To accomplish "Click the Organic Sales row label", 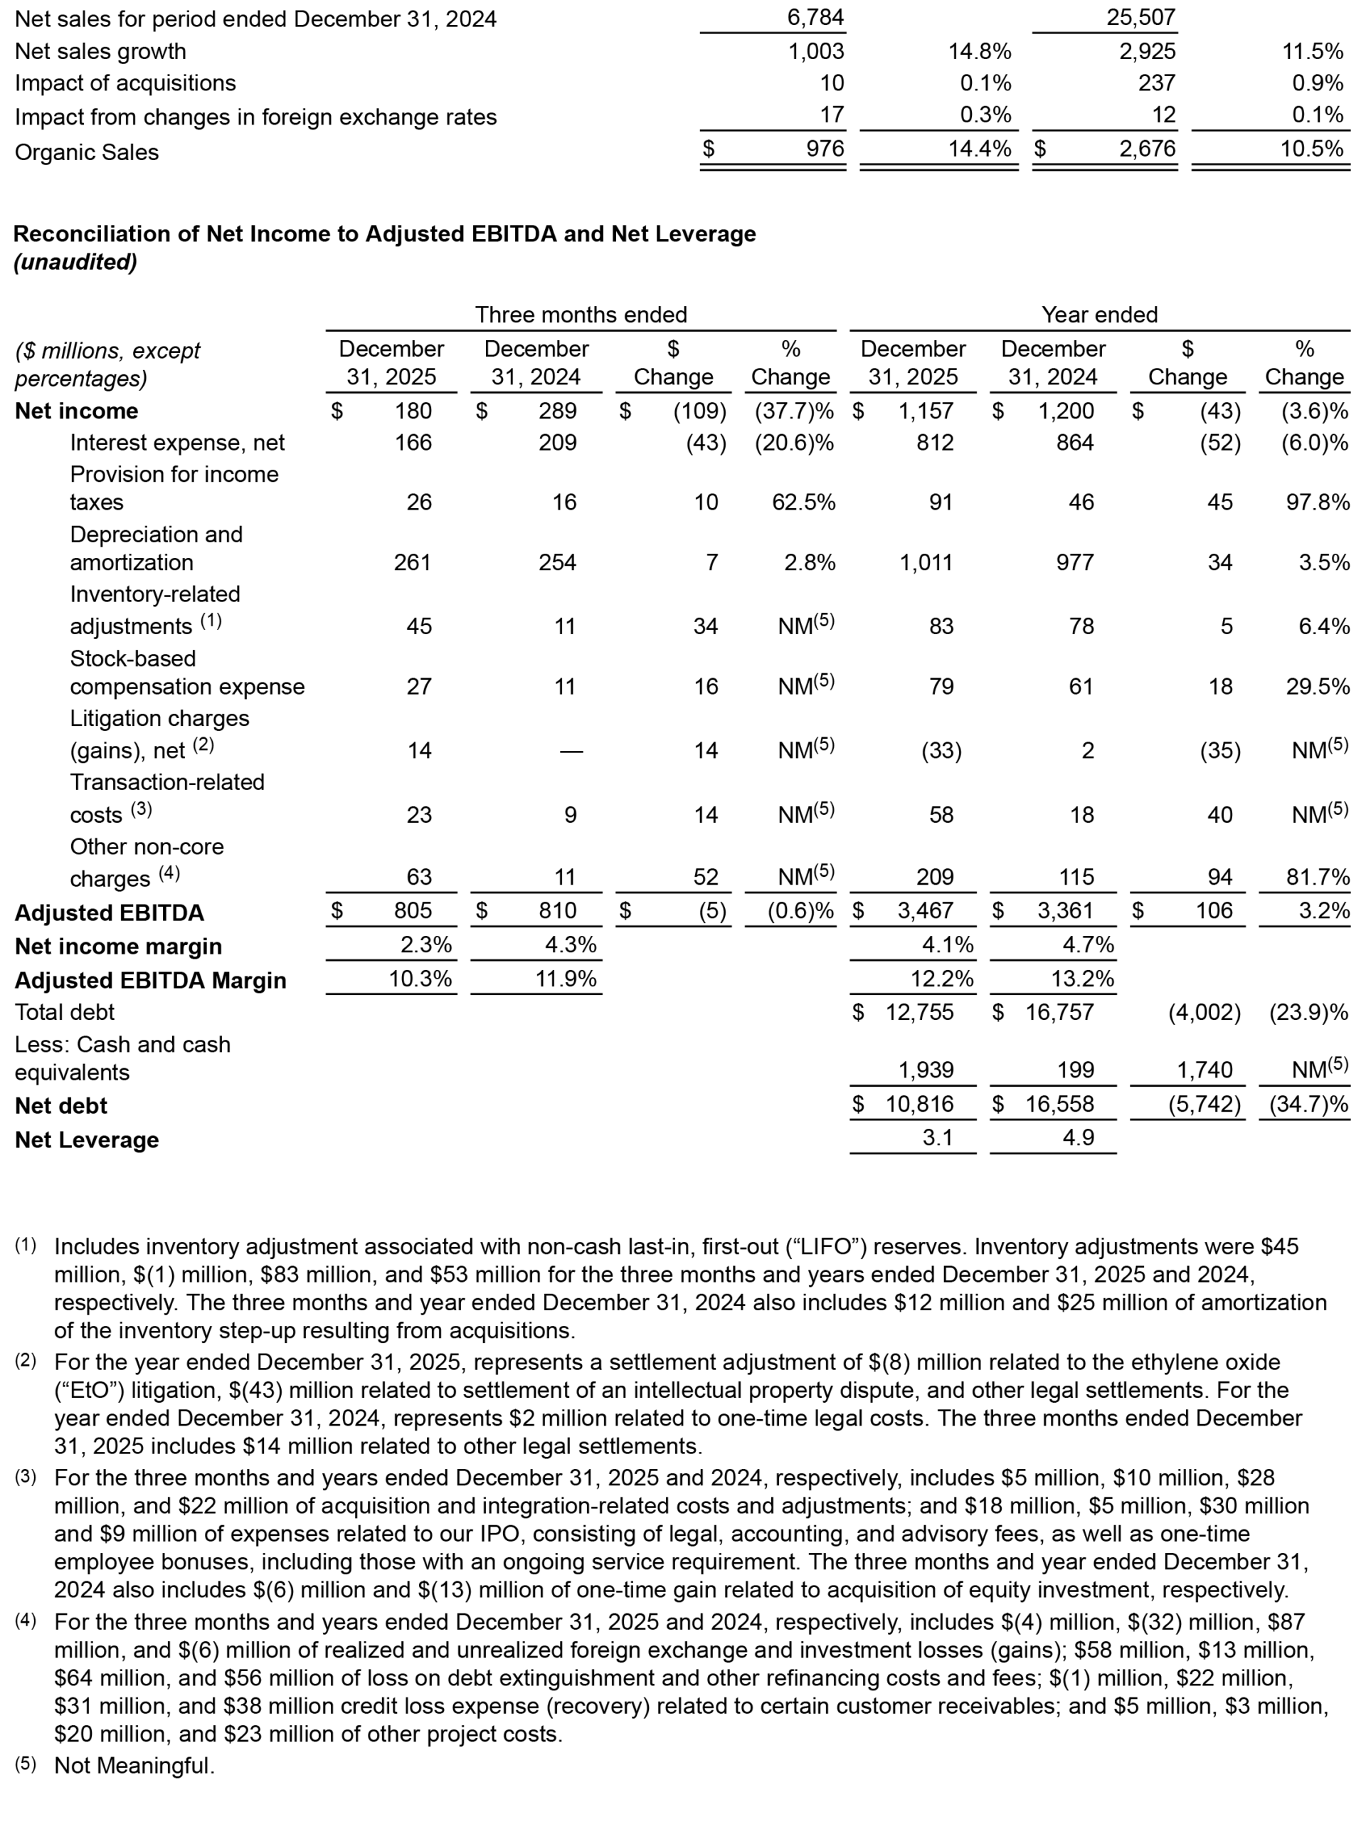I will click(87, 152).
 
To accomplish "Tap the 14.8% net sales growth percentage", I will click(980, 51).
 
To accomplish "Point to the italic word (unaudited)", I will click(75, 262).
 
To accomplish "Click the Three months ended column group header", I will click(581, 315).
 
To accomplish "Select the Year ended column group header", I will click(1099, 315).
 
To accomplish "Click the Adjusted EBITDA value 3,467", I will click(926, 910).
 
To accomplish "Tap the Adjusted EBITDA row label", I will click(109, 912).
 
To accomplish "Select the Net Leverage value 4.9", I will click(1078, 1137).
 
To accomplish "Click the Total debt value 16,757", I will click(1059, 1011).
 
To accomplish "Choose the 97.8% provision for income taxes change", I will click(1318, 502).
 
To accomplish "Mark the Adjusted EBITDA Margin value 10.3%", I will click(420, 979).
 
